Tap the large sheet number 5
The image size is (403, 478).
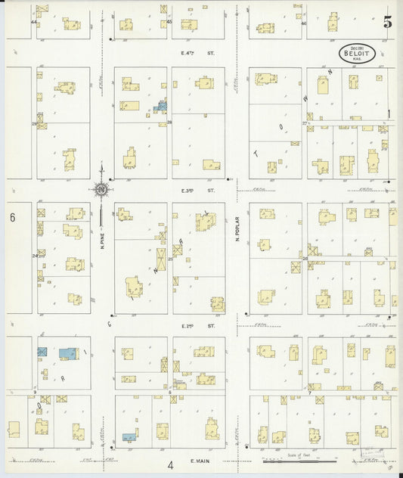point(387,23)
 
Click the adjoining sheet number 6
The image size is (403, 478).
point(13,218)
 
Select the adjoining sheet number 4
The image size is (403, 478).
point(171,464)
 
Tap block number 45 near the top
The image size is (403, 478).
point(169,22)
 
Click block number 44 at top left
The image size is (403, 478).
point(33,23)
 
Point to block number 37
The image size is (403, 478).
point(305,123)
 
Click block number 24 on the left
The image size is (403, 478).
point(35,256)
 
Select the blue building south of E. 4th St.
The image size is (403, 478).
point(160,107)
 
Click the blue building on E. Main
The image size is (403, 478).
point(129,437)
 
